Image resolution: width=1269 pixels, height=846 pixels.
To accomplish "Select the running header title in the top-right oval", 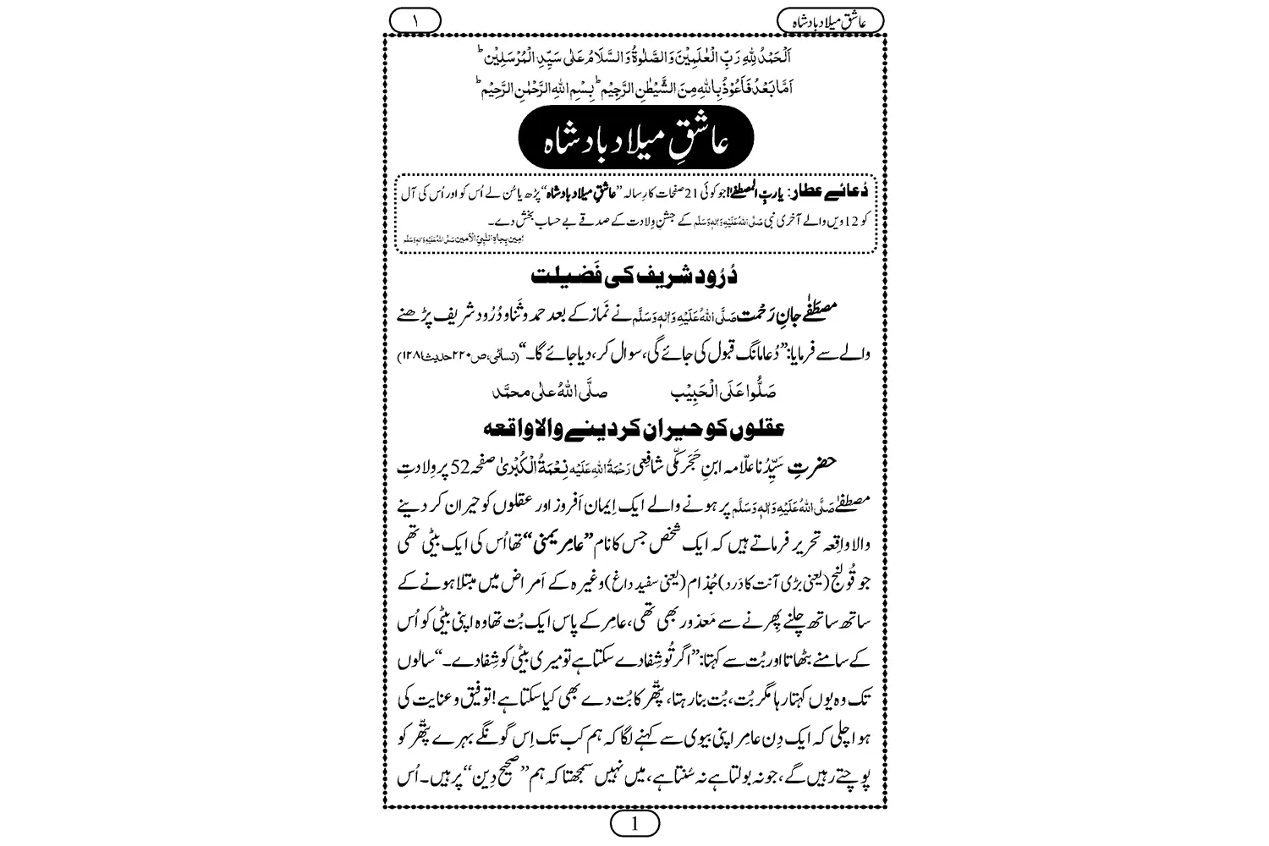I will tap(828, 19).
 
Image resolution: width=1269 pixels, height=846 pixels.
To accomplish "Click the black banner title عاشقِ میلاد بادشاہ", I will tap(635, 145).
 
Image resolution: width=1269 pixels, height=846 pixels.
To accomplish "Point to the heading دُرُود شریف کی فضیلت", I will tap(635, 277).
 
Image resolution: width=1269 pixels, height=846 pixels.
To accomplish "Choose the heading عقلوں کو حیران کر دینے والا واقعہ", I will tap(635, 429).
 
